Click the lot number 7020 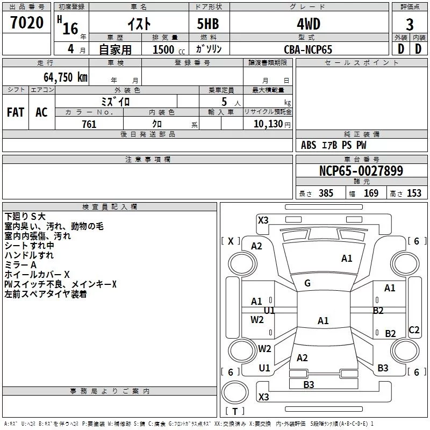point(27,23)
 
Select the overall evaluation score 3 point(410,25)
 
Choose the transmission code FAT point(16,112)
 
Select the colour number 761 point(89,124)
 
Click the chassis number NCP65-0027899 point(361,171)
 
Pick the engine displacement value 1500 point(163,49)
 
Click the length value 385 point(326,193)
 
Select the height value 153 point(414,193)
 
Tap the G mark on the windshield point(307,283)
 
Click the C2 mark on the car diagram point(414,330)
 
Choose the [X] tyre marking point(231,241)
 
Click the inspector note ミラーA point(20,265)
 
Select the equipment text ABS point(309,145)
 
